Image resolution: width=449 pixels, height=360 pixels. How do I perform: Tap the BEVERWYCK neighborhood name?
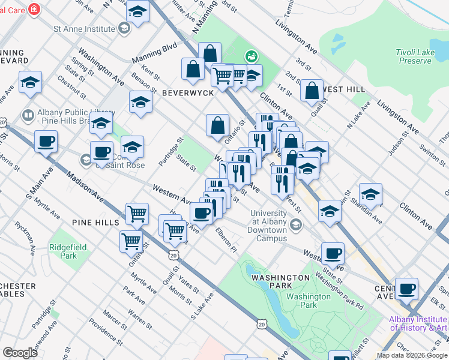[x=185, y=93]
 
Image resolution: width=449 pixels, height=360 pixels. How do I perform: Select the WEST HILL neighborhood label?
[x=343, y=89]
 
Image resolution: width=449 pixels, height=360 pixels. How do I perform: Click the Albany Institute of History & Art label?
[x=418, y=323]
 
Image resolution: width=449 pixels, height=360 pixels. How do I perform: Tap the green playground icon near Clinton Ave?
[x=251, y=56]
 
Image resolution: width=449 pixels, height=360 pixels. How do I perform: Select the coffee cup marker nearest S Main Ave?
[x=46, y=142]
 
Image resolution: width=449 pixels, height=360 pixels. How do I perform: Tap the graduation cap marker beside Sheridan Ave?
[x=370, y=193]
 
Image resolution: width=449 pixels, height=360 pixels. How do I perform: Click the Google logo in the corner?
[x=20, y=353]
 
